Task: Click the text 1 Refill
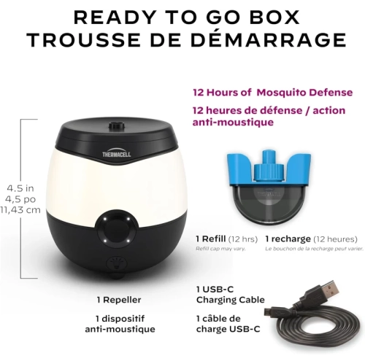(x=212, y=239)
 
